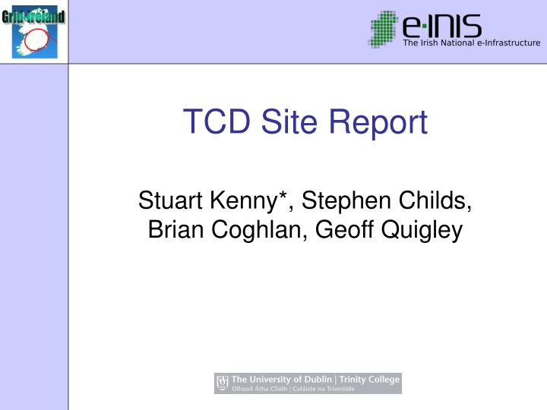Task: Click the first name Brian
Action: (172, 229)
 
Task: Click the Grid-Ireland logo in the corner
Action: (34, 31)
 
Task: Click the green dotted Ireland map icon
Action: (384, 30)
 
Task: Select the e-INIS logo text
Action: (441, 27)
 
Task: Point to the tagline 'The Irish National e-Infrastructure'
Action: (471, 43)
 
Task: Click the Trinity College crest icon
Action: (223, 383)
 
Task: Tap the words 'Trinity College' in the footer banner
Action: (370, 380)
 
